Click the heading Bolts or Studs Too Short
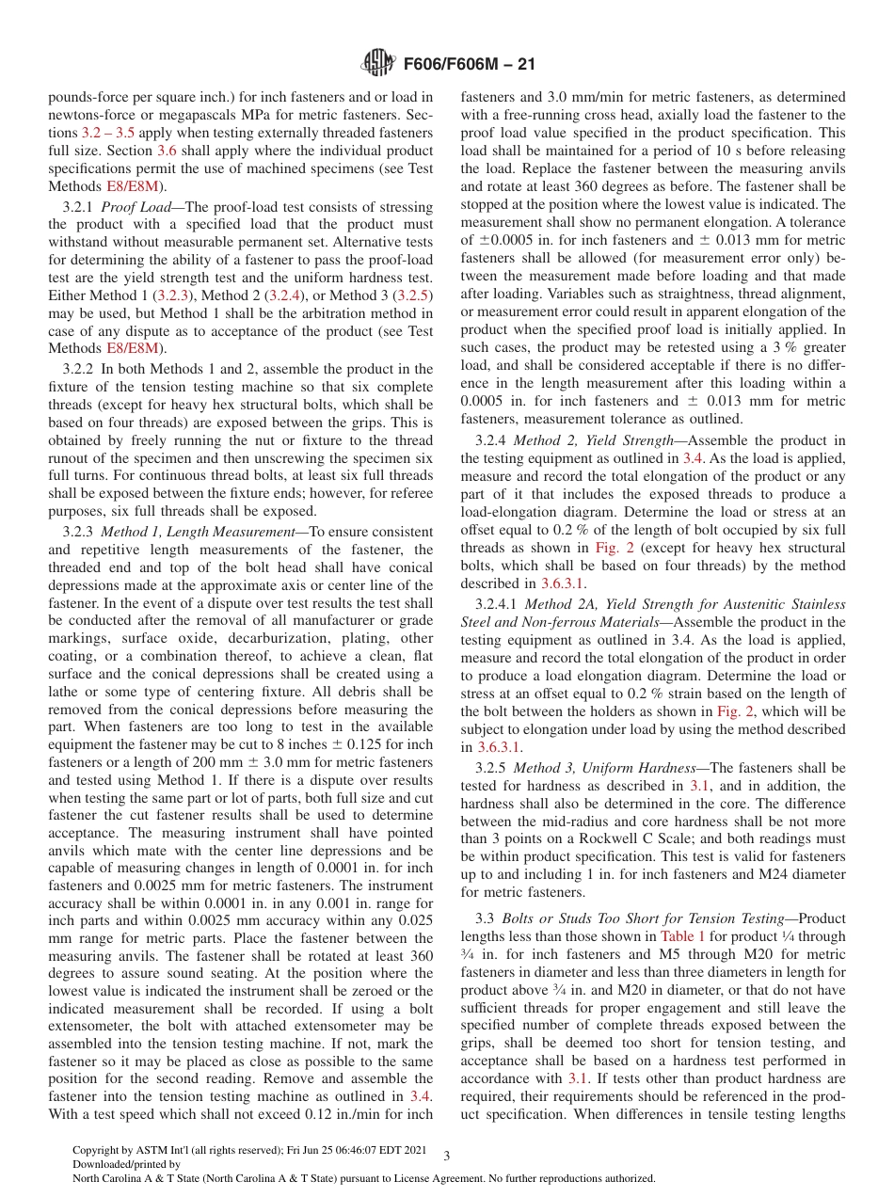click(603, 918)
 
